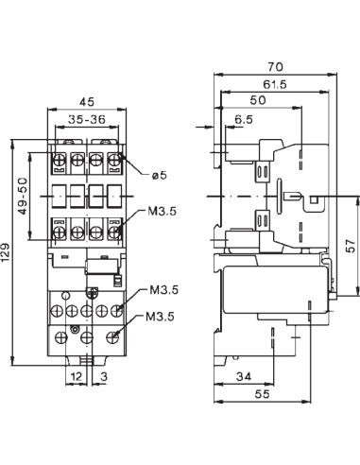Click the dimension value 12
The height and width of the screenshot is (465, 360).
(x=76, y=377)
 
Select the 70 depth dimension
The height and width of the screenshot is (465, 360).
(x=275, y=68)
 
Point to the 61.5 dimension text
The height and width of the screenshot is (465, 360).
(x=275, y=85)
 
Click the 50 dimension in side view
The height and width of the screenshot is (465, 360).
(x=257, y=100)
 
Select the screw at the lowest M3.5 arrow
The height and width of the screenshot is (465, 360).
(x=115, y=334)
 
